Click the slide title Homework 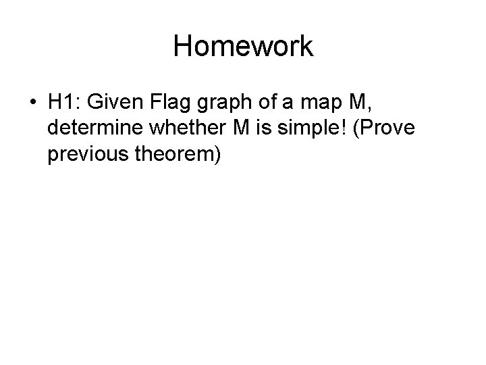tap(243, 47)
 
